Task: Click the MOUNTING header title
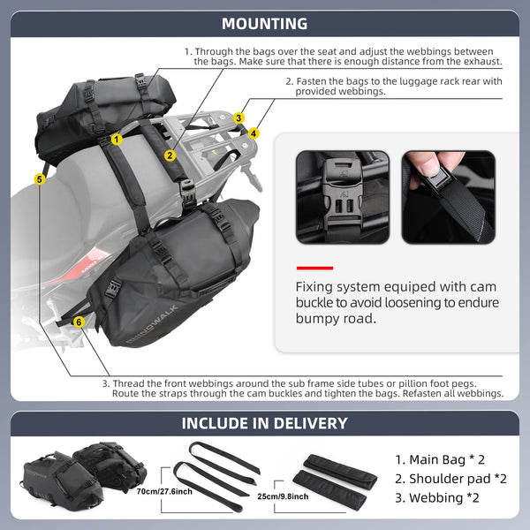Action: [x=265, y=24]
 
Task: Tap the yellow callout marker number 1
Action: [x=117, y=139]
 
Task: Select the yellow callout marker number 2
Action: [x=169, y=155]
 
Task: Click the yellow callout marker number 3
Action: [x=239, y=117]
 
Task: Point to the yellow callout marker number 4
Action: [x=254, y=133]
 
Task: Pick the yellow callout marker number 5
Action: [x=39, y=179]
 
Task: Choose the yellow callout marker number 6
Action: [x=79, y=322]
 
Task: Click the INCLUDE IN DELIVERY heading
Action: [x=265, y=423]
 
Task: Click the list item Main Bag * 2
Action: [x=440, y=460]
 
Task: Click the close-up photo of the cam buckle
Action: [x=342, y=196]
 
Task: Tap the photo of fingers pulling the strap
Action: [x=448, y=196]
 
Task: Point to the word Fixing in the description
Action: [x=316, y=287]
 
